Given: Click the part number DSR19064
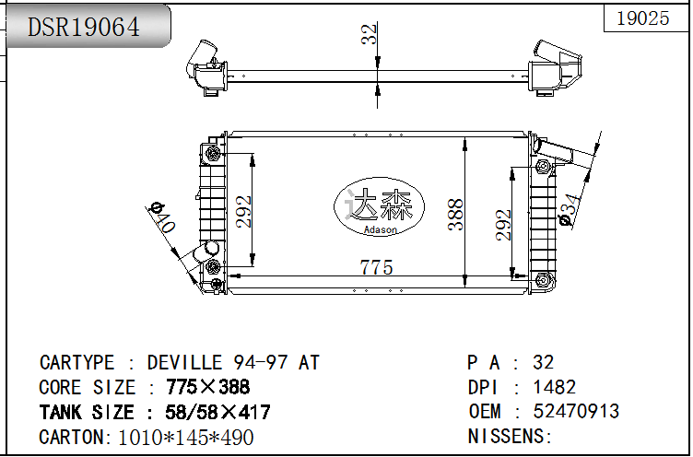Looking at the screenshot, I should point(84,27).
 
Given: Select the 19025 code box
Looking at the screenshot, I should point(642,18).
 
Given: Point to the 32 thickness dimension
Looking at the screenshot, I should point(369,35).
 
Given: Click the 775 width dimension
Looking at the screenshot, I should point(376,267).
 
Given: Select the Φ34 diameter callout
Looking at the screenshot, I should point(572,209).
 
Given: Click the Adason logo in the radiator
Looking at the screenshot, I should point(378,211).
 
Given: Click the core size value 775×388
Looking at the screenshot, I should point(208,388).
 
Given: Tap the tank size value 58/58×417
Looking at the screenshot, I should point(217,413).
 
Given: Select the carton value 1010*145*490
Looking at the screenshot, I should point(186,438).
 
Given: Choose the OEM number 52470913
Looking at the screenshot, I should point(576,412).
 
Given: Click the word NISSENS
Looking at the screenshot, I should point(506,436).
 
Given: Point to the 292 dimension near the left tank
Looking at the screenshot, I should point(243,213).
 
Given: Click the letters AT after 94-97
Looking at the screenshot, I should point(309,363).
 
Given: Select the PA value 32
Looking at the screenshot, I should point(544,363).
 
